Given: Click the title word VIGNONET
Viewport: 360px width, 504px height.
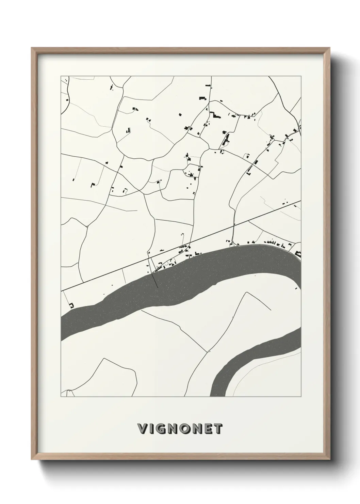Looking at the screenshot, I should click(x=180, y=429).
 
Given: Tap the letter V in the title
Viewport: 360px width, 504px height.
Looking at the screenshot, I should click(x=142, y=429).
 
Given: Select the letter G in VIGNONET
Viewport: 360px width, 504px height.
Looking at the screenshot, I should click(x=161, y=429).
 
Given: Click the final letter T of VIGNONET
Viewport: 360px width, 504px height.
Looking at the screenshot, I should click(x=218, y=429).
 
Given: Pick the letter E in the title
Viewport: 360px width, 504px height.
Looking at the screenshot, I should click(x=208, y=429).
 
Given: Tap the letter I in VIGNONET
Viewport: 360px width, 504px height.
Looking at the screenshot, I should click(x=151, y=429).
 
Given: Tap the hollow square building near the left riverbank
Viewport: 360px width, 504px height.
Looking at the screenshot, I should click(x=71, y=305).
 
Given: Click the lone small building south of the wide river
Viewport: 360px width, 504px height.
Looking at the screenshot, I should click(x=296, y=288).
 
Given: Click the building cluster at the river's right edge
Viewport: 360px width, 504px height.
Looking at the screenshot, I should click(x=298, y=253).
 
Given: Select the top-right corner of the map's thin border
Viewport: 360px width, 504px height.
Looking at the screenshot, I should click(x=301, y=76).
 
